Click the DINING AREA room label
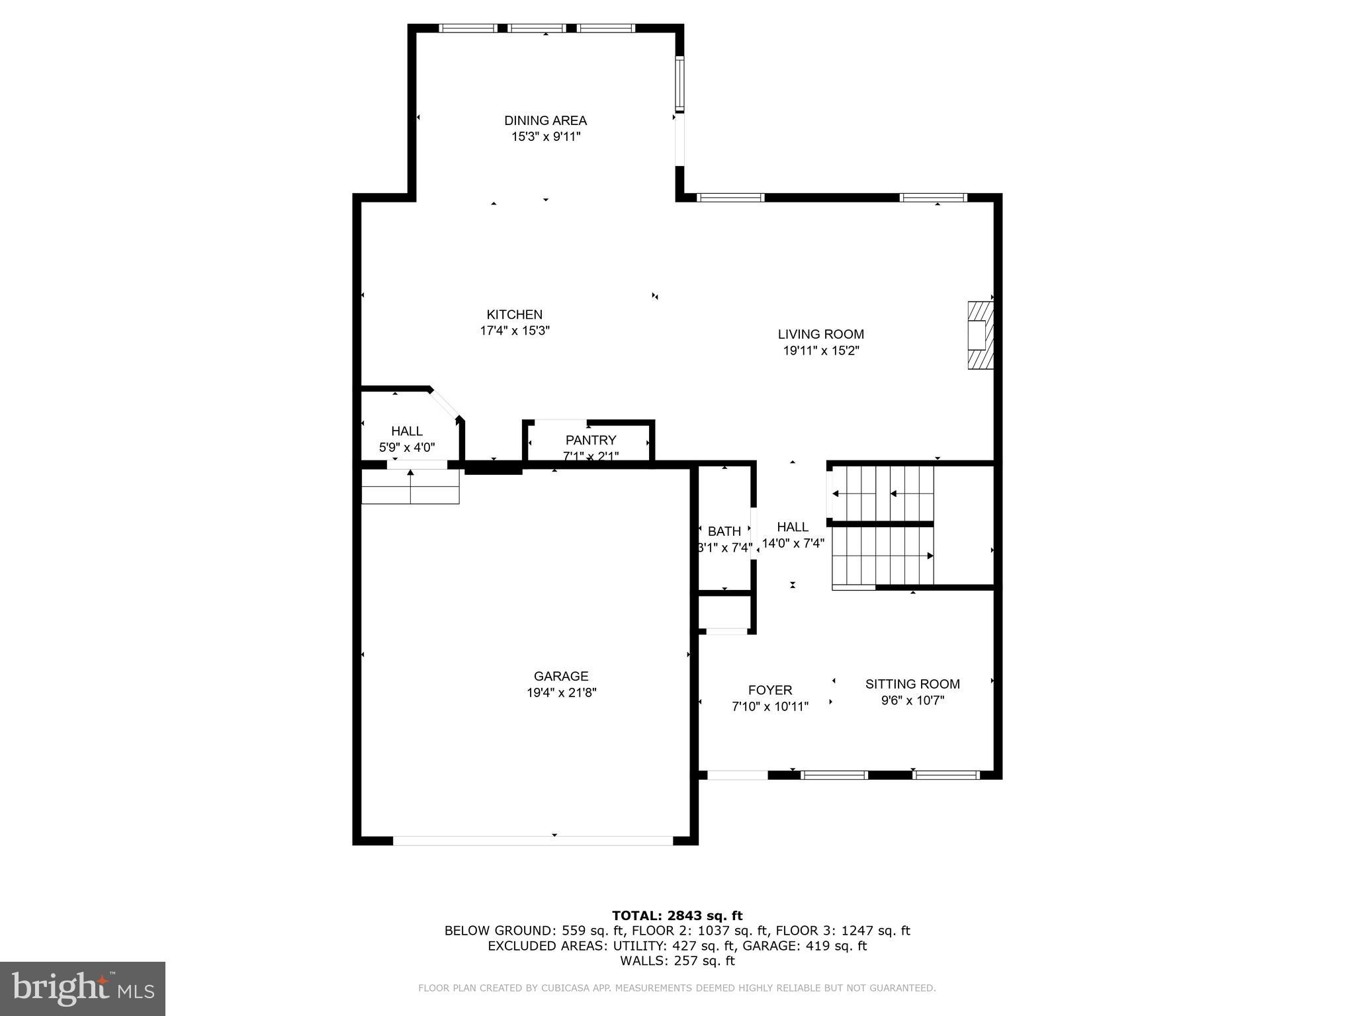click(x=545, y=120)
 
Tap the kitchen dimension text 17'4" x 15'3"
click(x=515, y=331)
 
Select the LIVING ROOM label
click(x=820, y=334)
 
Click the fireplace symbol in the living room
click(x=981, y=335)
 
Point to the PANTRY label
click(x=590, y=440)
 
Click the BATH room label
click(x=724, y=531)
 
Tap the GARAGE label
click(x=561, y=676)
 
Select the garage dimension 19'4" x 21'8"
click(x=561, y=693)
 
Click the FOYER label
click(x=770, y=690)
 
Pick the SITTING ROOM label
click(x=912, y=684)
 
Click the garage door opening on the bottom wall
click(x=533, y=840)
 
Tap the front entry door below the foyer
click(x=737, y=775)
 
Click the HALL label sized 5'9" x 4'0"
click(x=406, y=431)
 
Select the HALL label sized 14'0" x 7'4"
click(x=793, y=527)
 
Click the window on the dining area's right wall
click(x=679, y=84)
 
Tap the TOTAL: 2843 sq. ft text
click(x=677, y=915)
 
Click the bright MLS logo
click(x=83, y=988)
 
